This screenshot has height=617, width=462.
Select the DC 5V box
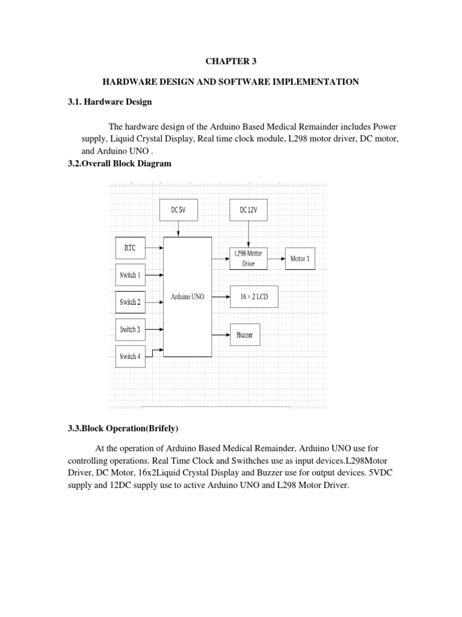pos(177,210)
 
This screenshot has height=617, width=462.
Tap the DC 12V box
pos(248,210)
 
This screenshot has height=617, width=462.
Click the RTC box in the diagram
pos(130,246)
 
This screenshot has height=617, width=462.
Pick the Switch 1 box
pos(130,275)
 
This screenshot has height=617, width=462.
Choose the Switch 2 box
pos(130,302)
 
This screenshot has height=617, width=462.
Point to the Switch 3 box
pos(130,329)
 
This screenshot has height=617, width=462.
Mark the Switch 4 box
pos(130,356)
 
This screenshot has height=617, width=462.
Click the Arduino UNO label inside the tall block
pos(187,296)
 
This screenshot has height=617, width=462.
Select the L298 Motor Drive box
pos(248,258)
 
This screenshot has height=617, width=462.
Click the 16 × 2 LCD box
pos(254,296)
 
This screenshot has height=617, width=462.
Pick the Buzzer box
pos(245,334)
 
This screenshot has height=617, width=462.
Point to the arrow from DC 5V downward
pos(177,228)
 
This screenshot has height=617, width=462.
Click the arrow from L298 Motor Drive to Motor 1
pos(274,258)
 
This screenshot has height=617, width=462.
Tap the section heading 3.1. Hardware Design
pos(110,102)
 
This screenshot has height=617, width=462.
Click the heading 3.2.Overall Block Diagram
pos(120,163)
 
